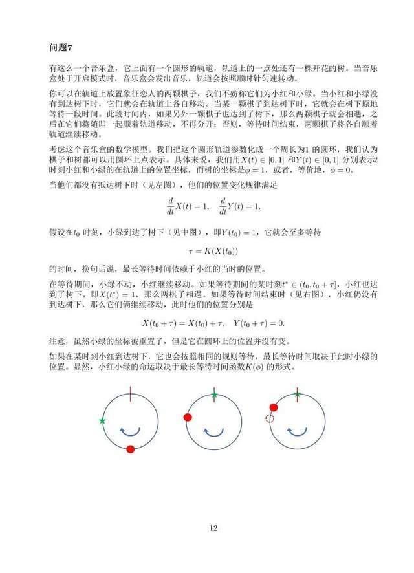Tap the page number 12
click(213, 528)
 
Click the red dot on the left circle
click(131, 449)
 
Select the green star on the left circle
click(102, 421)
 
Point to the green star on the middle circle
click(214, 394)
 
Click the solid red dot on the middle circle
click(188, 417)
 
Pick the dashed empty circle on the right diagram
click(269, 419)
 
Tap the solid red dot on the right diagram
click(274, 407)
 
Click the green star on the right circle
click(297, 394)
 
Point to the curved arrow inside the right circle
click(297, 431)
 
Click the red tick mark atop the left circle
click(131, 393)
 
